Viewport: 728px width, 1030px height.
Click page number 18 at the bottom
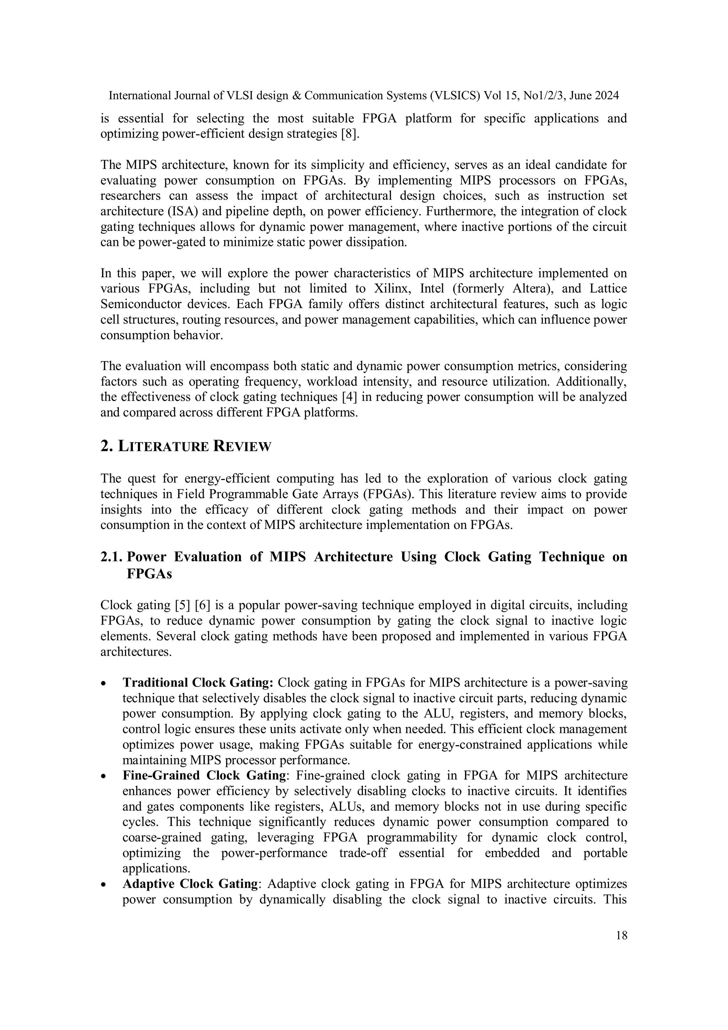coord(622,935)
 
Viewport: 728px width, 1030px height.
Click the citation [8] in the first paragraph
coord(350,134)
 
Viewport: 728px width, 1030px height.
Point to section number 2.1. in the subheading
coord(112,557)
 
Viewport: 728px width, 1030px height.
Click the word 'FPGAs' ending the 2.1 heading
coord(149,574)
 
